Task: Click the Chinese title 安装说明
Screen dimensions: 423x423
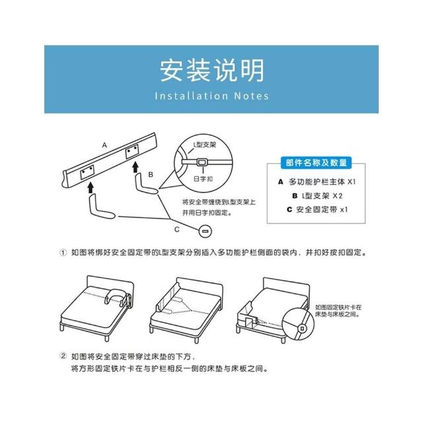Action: click(211, 71)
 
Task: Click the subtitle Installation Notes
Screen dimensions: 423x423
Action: click(211, 96)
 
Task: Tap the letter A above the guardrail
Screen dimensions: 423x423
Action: click(104, 145)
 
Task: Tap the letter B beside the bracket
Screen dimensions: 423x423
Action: click(151, 174)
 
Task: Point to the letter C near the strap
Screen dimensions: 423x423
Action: click(176, 229)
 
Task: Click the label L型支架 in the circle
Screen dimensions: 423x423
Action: click(205, 145)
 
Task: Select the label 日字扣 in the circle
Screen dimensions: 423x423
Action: click(203, 178)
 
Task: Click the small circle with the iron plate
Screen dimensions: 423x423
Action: click(205, 231)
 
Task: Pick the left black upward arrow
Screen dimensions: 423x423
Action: click(91, 188)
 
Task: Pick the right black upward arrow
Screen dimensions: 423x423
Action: click(135, 167)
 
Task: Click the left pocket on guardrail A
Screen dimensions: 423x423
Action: click(87, 173)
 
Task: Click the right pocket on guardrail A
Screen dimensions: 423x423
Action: click(132, 151)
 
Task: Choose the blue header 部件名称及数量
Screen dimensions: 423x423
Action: click(316, 163)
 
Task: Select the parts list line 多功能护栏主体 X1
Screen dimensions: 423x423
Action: click(317, 182)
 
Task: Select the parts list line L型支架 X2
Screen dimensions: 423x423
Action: click(317, 196)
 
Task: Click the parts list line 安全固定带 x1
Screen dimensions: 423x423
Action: click(317, 210)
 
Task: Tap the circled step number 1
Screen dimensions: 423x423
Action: click(63, 252)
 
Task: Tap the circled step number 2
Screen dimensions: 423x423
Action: click(63, 356)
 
